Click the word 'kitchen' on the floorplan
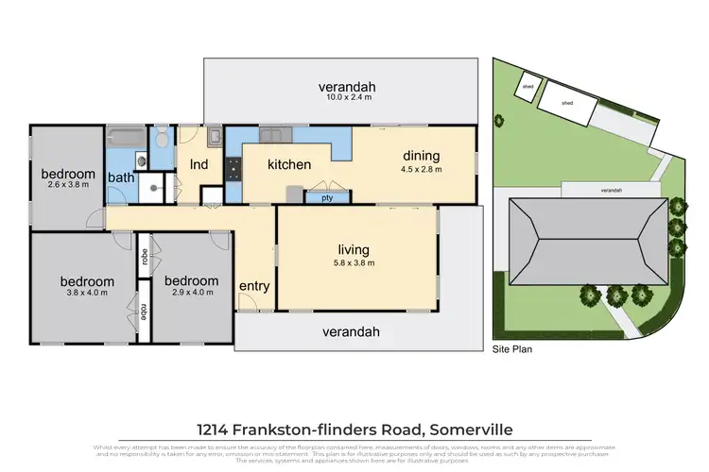click(289, 164)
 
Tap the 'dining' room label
click(423, 156)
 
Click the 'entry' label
click(254, 286)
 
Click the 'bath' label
click(121, 177)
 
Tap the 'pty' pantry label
click(327, 198)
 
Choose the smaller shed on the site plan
click(526, 87)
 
